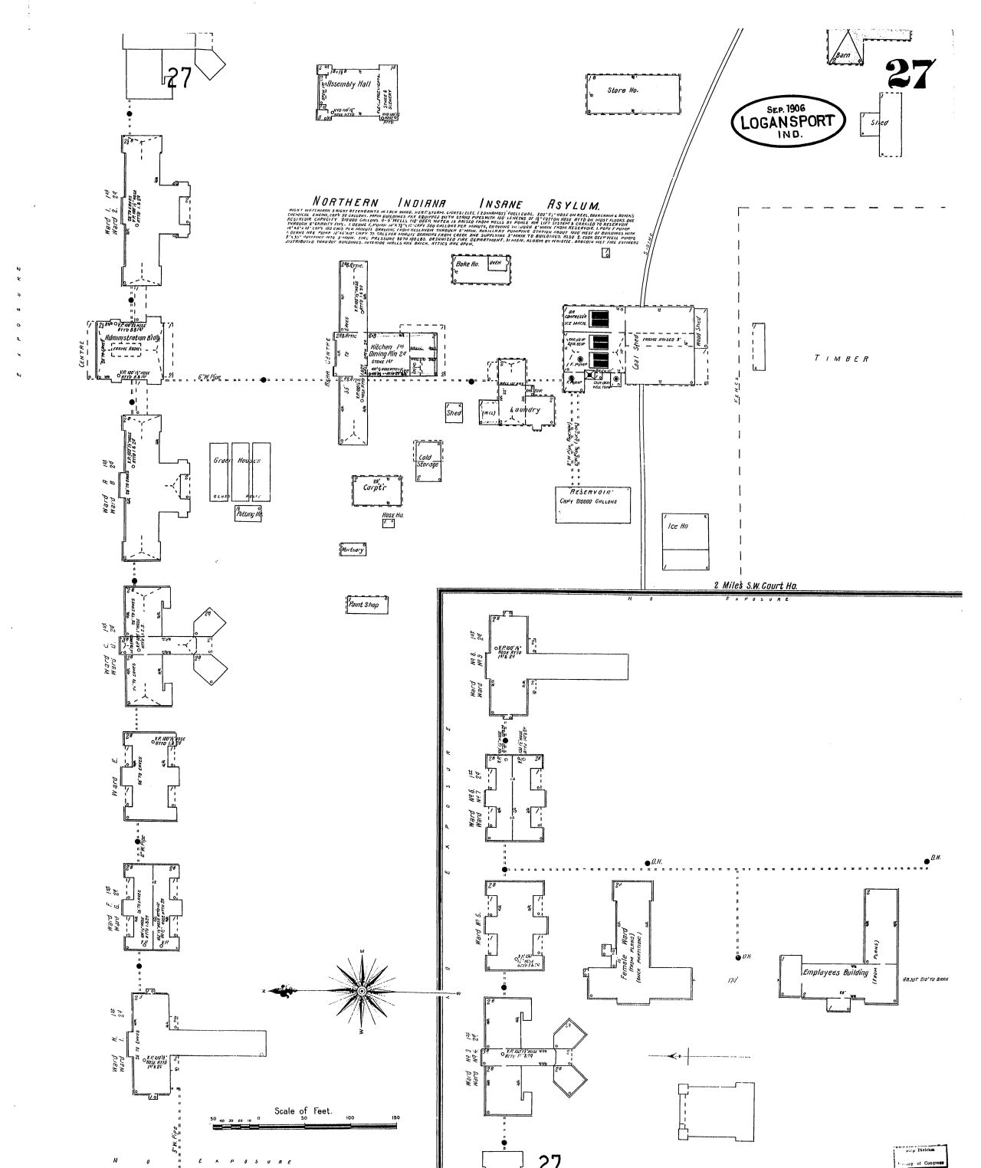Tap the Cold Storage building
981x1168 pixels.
click(428, 461)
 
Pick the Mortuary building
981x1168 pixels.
click(353, 550)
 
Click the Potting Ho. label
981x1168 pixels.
click(249, 514)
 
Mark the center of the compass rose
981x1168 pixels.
click(362, 991)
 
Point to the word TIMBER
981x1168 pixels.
click(841, 359)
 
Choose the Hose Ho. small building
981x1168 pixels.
click(389, 523)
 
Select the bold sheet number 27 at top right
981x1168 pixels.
click(911, 74)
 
